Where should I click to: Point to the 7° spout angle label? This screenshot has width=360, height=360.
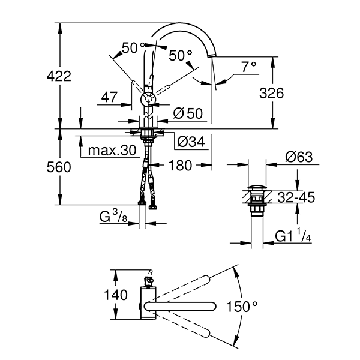tap(249, 67)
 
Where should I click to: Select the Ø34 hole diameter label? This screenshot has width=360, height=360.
tap(191, 142)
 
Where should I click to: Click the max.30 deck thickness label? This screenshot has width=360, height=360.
tap(112, 151)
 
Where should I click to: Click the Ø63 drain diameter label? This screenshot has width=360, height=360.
tap(299, 157)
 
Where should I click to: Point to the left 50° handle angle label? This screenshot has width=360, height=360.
tap(133, 47)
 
